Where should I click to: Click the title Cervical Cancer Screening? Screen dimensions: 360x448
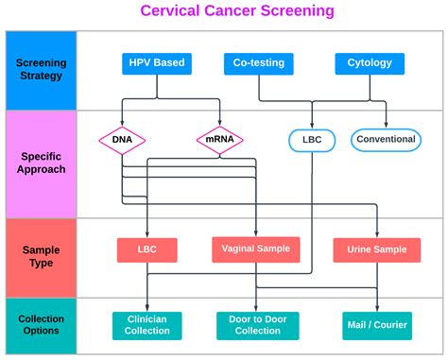[x=223, y=11]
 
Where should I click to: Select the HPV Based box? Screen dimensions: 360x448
[x=158, y=64]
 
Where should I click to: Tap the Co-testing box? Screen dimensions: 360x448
[x=259, y=64]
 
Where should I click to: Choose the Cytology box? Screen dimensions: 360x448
[x=370, y=64]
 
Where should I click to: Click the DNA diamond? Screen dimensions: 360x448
[x=122, y=141]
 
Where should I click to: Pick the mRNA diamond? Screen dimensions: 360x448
[x=220, y=141]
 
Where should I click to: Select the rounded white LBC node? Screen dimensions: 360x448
[x=311, y=141]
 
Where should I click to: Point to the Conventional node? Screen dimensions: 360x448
[x=385, y=140]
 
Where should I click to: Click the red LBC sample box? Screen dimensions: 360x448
[x=147, y=249]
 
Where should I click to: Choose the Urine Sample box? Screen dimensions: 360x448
[x=377, y=249]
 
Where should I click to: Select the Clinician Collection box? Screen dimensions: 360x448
[x=147, y=325]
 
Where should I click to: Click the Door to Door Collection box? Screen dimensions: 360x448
[x=257, y=325]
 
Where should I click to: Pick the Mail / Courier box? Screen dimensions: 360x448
[x=376, y=325]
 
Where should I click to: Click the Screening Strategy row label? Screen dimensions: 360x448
[x=41, y=70]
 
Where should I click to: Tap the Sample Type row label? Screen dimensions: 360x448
[x=41, y=257]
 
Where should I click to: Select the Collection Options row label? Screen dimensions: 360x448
[x=41, y=325]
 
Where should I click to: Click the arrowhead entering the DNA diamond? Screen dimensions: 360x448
[x=122, y=124]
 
